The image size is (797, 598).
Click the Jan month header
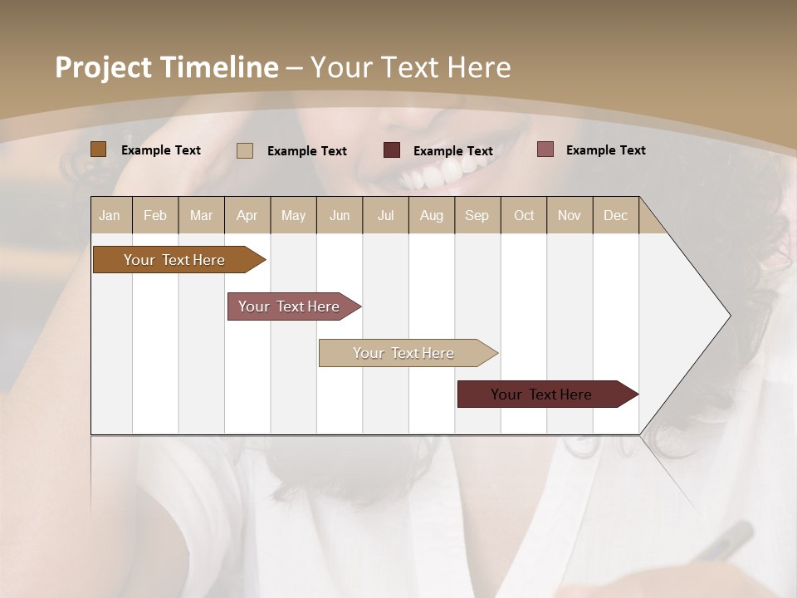pos(110,216)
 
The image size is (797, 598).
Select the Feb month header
pos(155,216)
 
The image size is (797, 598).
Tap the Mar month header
pos(201,216)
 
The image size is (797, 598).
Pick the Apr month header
pos(247,216)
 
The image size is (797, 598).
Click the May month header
pos(293,216)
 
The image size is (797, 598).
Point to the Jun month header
pos(340,216)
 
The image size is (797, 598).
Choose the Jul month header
pos(385,216)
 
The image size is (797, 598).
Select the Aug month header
pos(432,216)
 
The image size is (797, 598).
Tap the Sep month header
pos(477,216)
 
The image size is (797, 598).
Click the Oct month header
pos(524,216)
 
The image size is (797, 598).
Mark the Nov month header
pos(570,216)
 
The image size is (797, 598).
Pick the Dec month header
pos(616,216)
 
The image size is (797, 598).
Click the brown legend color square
pos(98,149)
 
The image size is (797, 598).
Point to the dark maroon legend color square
pos(392,150)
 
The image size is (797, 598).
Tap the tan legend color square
pos(245,150)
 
